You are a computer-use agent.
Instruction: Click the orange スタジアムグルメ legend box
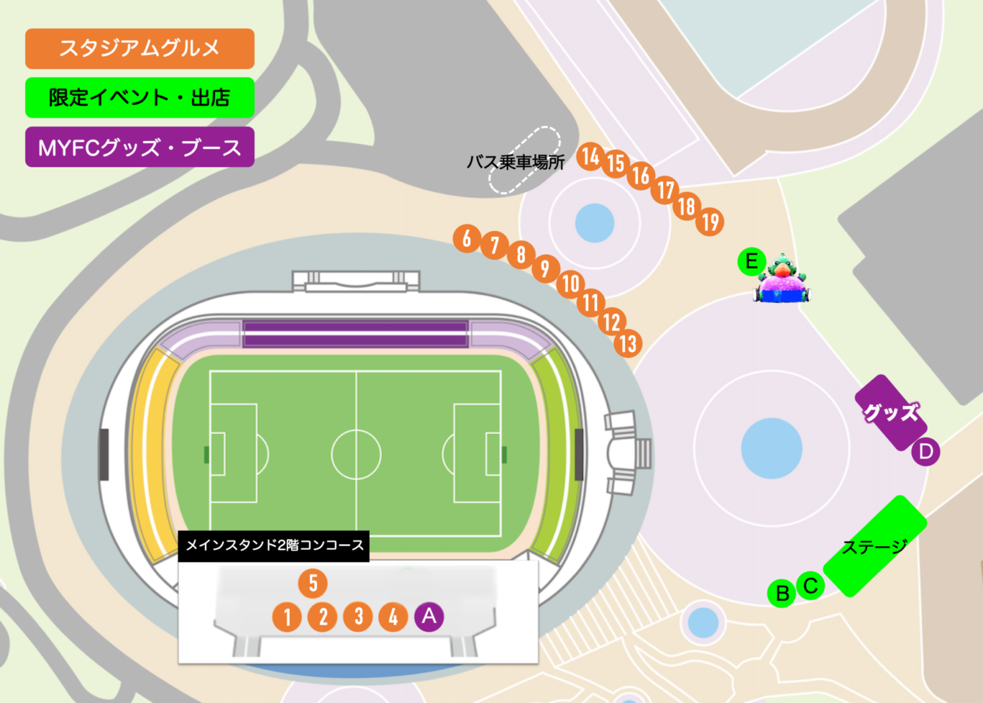tap(140, 49)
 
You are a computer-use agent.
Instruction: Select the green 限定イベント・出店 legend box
tap(140, 97)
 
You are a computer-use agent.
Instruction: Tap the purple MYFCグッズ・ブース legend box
tap(140, 147)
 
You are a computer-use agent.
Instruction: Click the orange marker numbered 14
tap(590, 156)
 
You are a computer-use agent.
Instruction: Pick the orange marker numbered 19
tap(710, 222)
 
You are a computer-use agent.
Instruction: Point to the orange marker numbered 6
tap(467, 238)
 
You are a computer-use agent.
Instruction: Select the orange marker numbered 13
tap(628, 344)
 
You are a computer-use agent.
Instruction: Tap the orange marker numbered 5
tap(313, 583)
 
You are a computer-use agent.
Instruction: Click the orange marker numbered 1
tap(287, 617)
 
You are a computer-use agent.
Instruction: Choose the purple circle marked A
tap(429, 616)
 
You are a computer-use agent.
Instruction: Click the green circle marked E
tap(751, 261)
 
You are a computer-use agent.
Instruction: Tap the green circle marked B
tap(781, 594)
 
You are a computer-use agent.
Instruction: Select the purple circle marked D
tap(925, 452)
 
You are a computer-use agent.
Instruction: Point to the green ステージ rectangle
tap(874, 546)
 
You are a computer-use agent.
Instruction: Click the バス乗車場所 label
tap(515, 163)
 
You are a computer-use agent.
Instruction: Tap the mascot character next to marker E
tap(783, 280)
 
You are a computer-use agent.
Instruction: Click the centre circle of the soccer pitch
tap(356, 455)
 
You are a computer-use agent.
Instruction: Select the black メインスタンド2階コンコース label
tap(274, 545)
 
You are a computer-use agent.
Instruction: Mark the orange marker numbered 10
tap(570, 283)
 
